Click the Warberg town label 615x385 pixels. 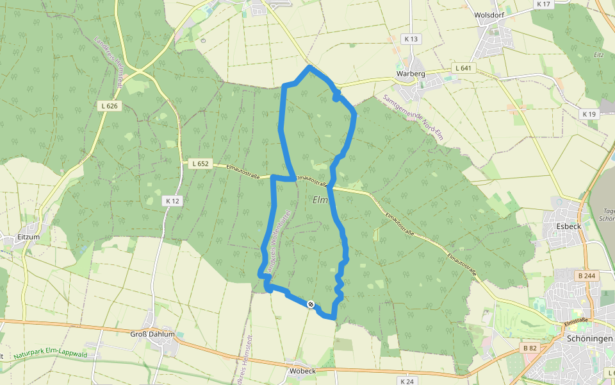(411, 74)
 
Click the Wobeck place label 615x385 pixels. (302, 371)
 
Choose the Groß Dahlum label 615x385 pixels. (152, 334)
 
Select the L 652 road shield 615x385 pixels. (201, 164)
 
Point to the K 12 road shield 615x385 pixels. (172, 201)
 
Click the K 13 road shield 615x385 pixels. (411, 39)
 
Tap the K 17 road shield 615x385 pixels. (543, 4)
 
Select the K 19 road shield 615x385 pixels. (589, 114)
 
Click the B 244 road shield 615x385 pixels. (586, 276)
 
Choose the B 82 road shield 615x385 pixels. (529, 348)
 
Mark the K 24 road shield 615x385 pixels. (407, 381)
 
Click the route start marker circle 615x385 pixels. (311, 304)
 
